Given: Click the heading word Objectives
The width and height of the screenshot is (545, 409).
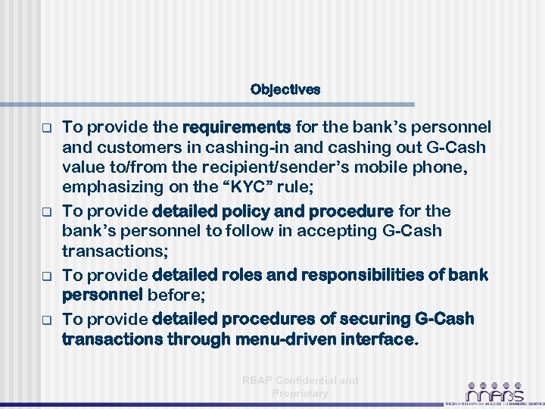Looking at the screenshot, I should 285,89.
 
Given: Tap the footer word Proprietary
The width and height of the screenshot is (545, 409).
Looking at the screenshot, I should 300,394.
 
